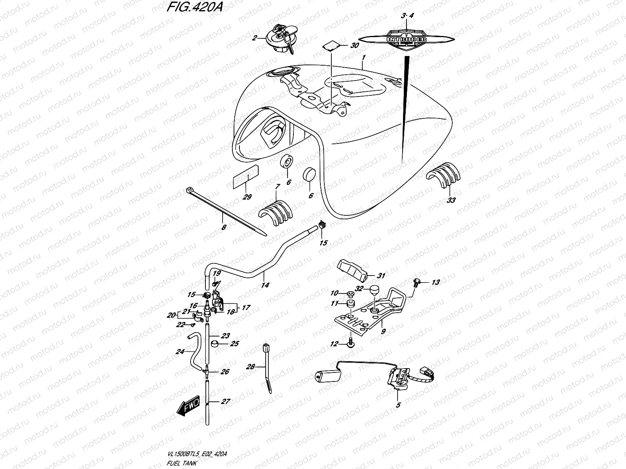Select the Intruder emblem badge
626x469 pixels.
click(407, 39)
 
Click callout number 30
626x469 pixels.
click(354, 46)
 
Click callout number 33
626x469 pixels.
click(451, 200)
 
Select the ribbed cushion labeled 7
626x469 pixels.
click(275, 213)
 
